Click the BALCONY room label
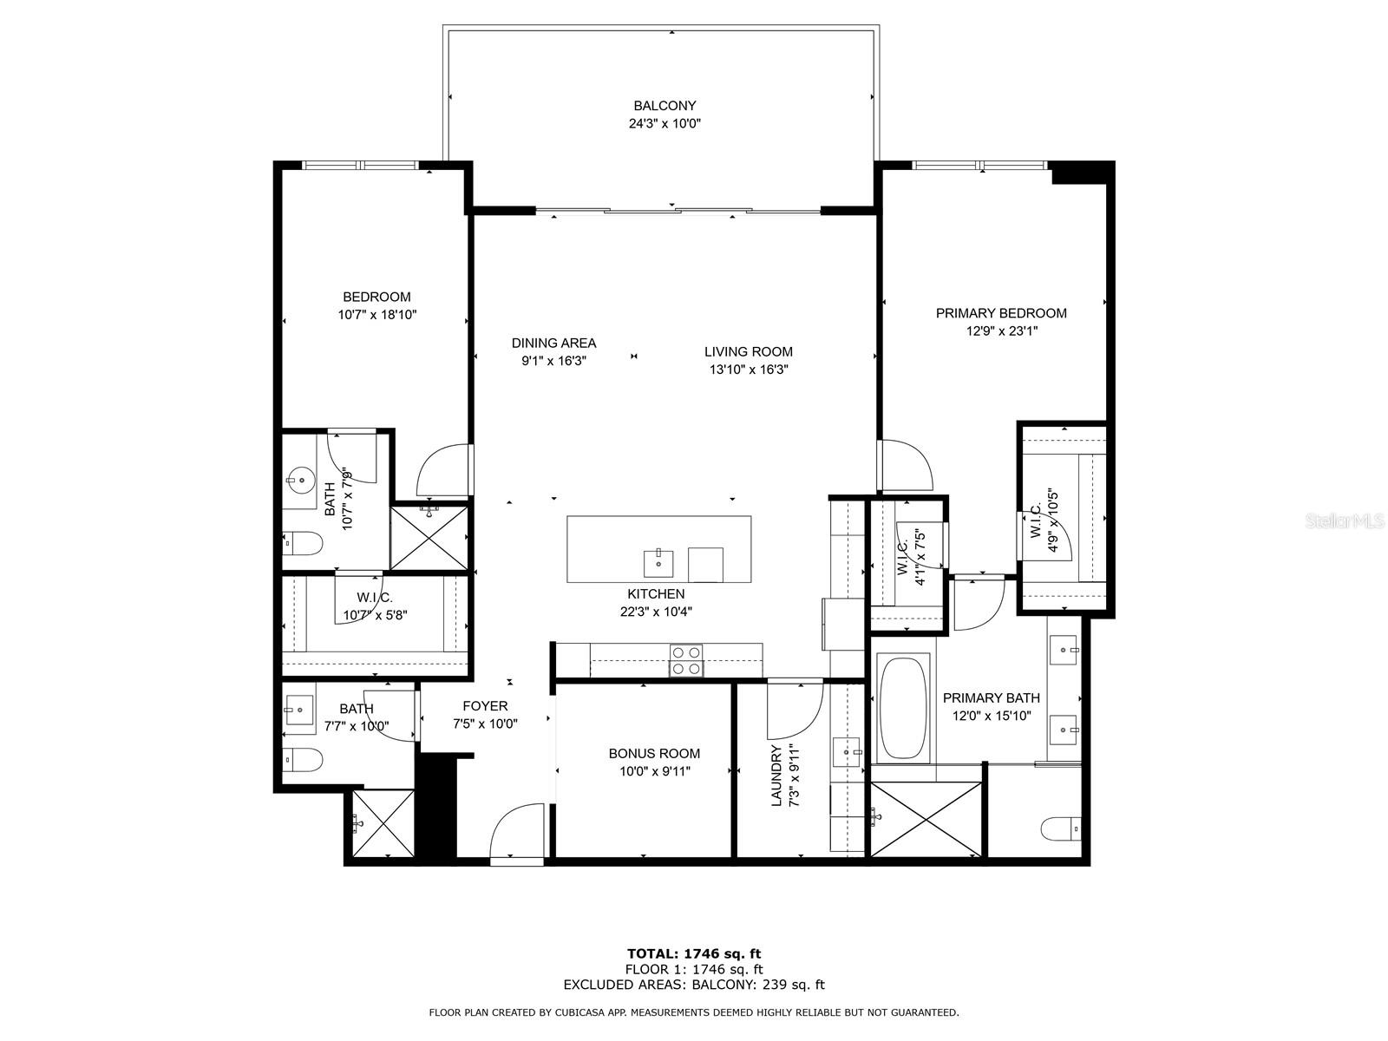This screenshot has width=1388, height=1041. coord(665,106)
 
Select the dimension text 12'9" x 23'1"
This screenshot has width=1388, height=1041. coord(1000,331)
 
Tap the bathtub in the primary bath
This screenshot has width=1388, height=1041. coord(903,710)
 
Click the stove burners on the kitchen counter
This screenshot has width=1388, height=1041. coord(686,660)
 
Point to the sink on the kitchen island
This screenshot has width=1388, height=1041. coord(659,563)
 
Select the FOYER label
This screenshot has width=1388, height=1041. coord(485,706)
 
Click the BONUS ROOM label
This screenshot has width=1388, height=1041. coord(654,753)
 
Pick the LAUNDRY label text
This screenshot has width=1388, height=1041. coord(776,775)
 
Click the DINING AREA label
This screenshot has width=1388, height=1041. coord(553,343)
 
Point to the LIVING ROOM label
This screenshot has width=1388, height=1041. coord(748,351)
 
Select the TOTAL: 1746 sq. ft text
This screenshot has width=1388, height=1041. coord(694,953)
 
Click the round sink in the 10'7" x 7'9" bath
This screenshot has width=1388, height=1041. coord(302,478)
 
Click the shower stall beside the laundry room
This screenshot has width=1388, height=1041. coord(926,819)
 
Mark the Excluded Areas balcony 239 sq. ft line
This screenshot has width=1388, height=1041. coord(694,985)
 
